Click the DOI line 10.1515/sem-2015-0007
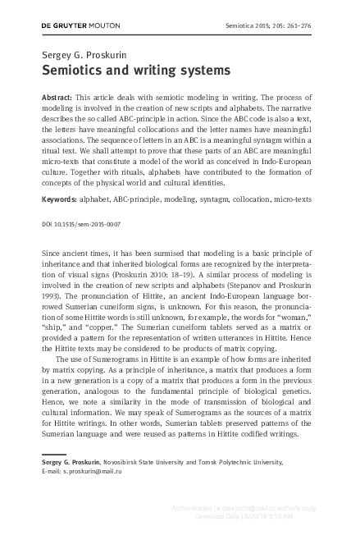81,224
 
